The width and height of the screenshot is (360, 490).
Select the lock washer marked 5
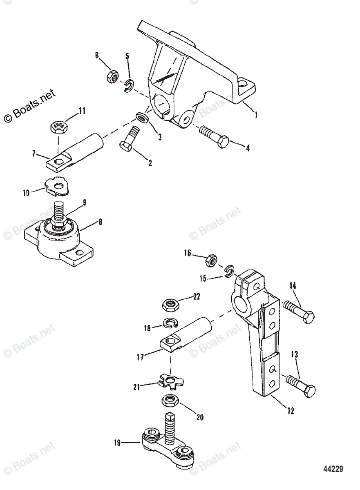[130, 85]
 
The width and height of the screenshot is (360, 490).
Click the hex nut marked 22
[170, 304]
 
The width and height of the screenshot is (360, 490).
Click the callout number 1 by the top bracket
[256, 116]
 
